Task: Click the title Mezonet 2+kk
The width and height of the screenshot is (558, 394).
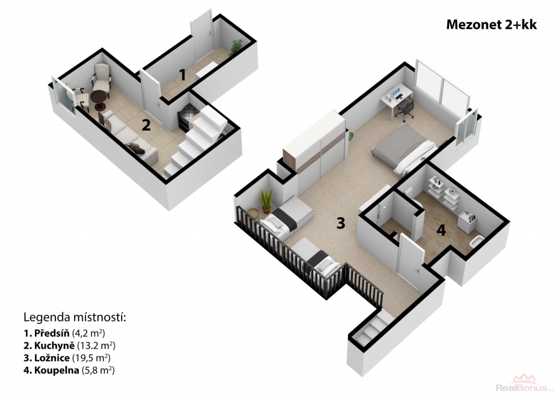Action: click(x=492, y=24)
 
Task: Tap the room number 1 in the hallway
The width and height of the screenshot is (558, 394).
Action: click(x=182, y=75)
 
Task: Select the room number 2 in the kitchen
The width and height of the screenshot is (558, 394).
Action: click(x=146, y=125)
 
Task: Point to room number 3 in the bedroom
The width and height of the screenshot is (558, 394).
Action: click(x=341, y=223)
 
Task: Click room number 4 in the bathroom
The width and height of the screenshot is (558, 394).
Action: click(x=441, y=230)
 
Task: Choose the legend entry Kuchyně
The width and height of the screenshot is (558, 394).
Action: click(x=69, y=346)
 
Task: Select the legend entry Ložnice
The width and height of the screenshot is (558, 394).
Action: click(x=67, y=358)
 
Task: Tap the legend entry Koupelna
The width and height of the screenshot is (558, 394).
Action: click(x=69, y=370)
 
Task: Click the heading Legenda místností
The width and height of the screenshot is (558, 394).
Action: click(x=75, y=317)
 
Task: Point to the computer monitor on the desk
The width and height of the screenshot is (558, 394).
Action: click(x=397, y=94)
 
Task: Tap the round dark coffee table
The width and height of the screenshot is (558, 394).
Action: click(x=98, y=99)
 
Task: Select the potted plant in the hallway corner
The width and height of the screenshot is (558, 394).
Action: click(x=236, y=47)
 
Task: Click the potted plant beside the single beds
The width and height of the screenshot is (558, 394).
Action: click(x=266, y=201)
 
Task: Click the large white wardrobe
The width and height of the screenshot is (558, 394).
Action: click(x=314, y=145)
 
